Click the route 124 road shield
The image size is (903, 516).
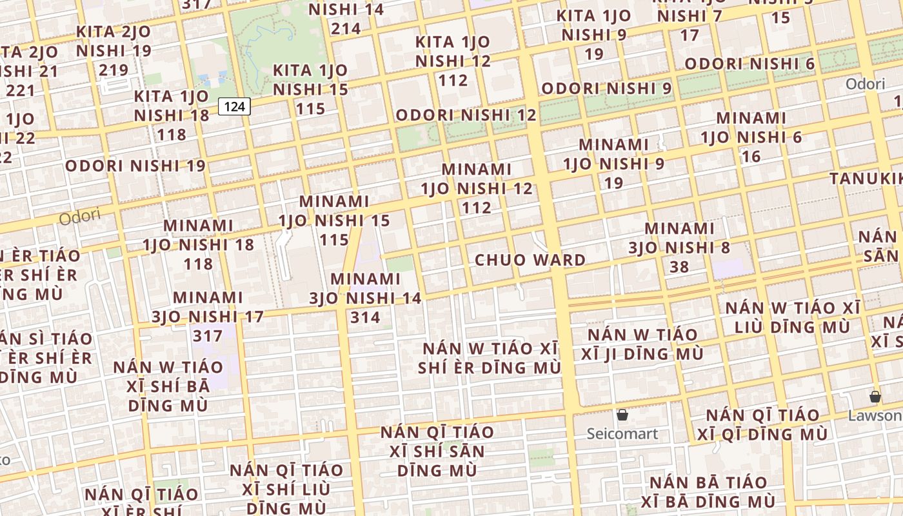point(234,106)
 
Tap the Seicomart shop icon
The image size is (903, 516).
point(622,415)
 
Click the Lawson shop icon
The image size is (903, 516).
point(875,397)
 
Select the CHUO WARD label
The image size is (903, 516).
point(530,260)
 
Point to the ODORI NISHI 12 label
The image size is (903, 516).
point(466,115)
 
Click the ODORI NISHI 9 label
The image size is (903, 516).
point(606,88)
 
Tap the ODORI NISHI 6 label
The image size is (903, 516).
point(749,64)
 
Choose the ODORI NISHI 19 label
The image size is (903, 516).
point(135,166)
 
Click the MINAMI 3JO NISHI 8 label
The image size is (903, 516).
point(679,247)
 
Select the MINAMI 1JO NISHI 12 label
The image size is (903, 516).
point(477,188)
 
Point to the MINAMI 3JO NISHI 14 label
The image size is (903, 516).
point(365,297)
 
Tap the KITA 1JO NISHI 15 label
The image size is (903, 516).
point(310,89)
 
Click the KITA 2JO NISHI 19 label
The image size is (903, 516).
point(114,50)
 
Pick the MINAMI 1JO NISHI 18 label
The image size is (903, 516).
point(198,244)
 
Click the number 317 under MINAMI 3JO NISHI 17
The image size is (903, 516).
point(208,336)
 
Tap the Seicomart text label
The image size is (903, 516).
point(622,433)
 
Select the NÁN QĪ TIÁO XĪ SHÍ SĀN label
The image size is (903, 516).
point(437,451)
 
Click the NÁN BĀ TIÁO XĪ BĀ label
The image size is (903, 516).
point(708,492)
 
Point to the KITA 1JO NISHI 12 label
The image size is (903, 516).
point(453,61)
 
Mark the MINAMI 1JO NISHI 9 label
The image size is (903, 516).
point(613,163)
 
